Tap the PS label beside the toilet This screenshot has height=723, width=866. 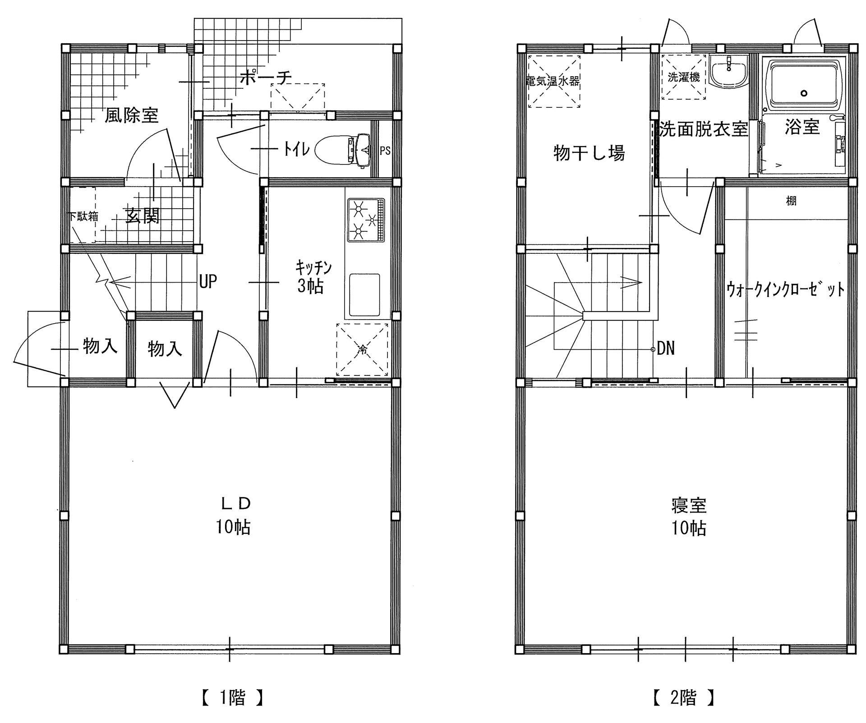(x=385, y=151)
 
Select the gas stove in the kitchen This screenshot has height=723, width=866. (x=366, y=220)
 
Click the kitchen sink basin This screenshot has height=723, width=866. (x=364, y=294)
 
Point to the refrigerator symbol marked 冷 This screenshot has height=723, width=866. (x=362, y=349)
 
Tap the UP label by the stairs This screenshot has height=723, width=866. (x=208, y=282)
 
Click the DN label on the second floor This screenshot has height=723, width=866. (x=666, y=348)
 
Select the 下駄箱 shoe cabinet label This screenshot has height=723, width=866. (x=83, y=216)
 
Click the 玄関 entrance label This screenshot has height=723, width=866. (x=142, y=217)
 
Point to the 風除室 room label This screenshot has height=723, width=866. (x=132, y=115)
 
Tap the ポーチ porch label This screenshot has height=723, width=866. (x=266, y=78)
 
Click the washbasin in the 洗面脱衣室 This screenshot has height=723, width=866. (x=728, y=73)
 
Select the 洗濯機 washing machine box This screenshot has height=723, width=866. (x=683, y=77)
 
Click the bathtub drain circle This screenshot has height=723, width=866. (x=803, y=93)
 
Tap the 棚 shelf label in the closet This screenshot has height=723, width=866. (x=791, y=201)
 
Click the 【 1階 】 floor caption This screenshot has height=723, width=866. (x=231, y=698)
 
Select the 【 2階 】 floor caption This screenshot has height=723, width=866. (x=684, y=698)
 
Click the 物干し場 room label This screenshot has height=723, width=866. (x=589, y=153)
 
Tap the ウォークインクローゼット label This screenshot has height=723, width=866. (x=785, y=289)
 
